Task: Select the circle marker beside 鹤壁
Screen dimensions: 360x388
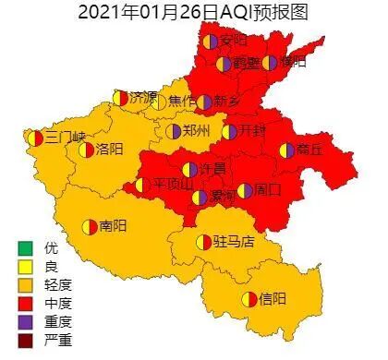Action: pyautogui.click(x=224, y=65)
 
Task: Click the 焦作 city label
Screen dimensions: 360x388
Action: pyautogui.click(x=181, y=101)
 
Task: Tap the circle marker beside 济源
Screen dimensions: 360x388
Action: pyautogui.click(x=120, y=97)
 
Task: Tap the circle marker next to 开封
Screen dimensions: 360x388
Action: pyautogui.click(x=230, y=131)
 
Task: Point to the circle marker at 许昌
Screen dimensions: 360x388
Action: pyautogui.click(x=189, y=170)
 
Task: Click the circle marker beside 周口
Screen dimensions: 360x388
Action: pyautogui.click(x=245, y=191)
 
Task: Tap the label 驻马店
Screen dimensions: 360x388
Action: pyautogui.click(x=234, y=242)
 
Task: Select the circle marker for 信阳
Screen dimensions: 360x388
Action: pyautogui.click(x=249, y=298)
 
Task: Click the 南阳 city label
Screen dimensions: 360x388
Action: pyautogui.click(x=113, y=225)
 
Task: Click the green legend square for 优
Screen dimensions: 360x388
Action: pyautogui.click(x=25, y=247)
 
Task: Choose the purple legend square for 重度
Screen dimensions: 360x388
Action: pyautogui.click(x=25, y=318)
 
